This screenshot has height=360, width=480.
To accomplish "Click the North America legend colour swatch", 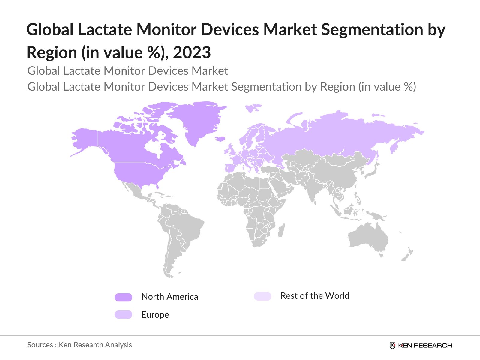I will tap(123, 297).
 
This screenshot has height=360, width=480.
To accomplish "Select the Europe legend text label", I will tap(155, 315).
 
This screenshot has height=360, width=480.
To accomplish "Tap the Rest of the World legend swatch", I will tap(262, 296).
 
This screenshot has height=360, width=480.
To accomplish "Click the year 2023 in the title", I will tap(192, 52).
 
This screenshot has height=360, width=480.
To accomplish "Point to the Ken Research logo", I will tap(421, 345).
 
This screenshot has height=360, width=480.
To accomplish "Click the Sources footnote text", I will tap(79, 345).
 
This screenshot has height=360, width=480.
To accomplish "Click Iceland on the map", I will tap(220, 139).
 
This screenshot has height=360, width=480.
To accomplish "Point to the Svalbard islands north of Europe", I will tap(253, 107).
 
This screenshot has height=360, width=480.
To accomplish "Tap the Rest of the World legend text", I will tap(315, 296).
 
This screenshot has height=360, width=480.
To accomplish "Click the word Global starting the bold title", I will tap(50, 29).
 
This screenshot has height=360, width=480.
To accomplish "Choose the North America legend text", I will tap(169, 297).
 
